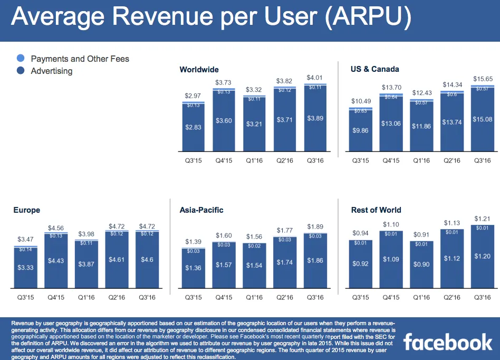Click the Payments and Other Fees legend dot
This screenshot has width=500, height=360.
21,59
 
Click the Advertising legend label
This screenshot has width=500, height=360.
52,71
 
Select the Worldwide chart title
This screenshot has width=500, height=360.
199,70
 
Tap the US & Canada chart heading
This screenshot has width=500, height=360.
375,69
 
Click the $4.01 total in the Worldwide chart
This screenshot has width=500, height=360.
315,78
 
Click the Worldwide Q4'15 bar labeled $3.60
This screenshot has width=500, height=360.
224,121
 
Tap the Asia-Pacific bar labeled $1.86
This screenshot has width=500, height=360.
315,261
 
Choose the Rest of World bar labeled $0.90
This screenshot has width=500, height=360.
421,264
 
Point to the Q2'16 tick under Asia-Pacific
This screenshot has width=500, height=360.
284,298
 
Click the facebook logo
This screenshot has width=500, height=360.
448,342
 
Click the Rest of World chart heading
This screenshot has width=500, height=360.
376,210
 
